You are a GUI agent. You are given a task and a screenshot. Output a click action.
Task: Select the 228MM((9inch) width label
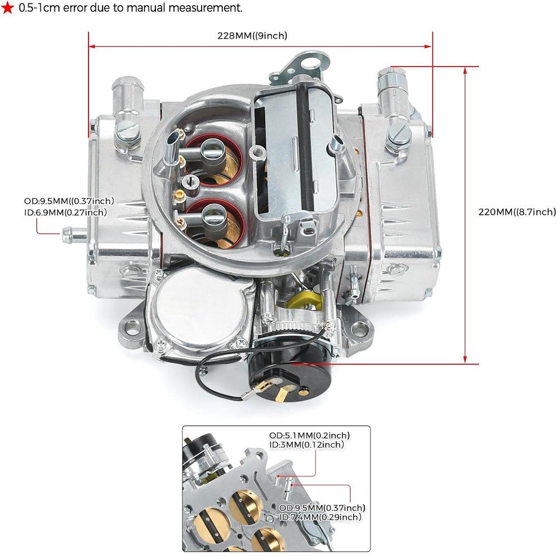(252, 36)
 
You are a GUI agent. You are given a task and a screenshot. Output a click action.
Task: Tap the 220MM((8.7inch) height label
(516, 212)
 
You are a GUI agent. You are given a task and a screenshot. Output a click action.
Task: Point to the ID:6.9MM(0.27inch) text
(65, 212)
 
